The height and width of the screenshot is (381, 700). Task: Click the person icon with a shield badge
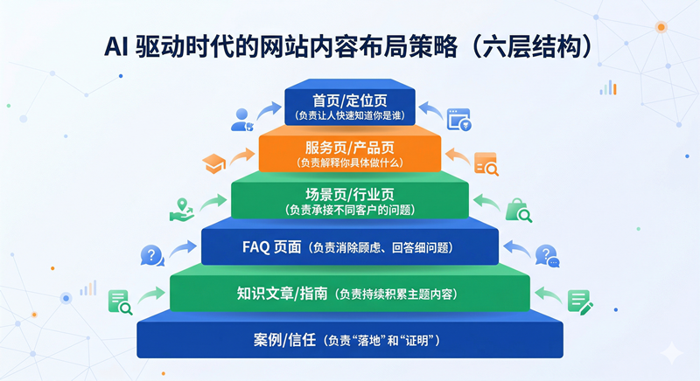pos(241,120)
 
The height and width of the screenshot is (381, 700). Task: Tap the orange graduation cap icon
pos(213,163)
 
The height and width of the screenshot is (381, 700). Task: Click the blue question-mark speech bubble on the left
pos(152,255)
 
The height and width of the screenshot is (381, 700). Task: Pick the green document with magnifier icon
pos(120,302)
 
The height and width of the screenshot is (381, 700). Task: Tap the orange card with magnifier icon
pos(486,163)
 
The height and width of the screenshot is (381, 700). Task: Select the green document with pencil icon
pos(579,302)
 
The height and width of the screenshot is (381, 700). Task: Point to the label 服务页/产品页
pos(350,145)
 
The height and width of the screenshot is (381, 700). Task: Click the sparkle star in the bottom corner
pos(671,352)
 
